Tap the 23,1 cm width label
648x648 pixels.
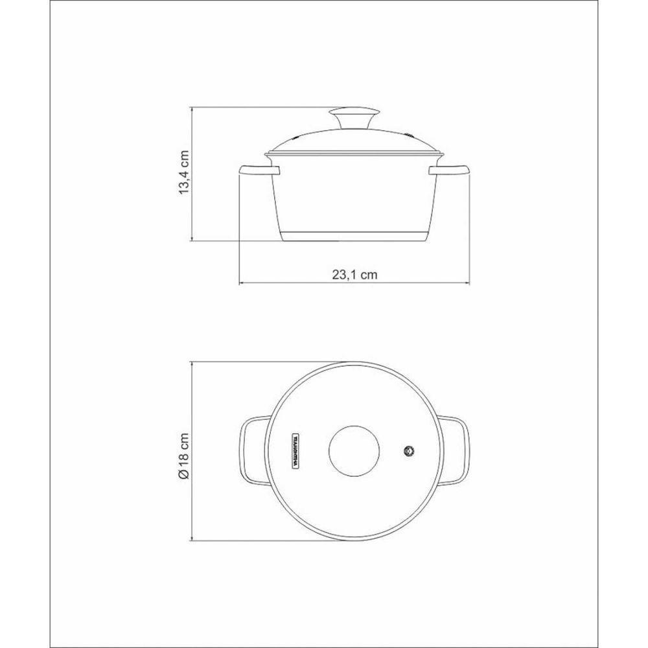tap(355, 275)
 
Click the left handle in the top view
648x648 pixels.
tap(252, 451)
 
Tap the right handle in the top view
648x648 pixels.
tap(457, 451)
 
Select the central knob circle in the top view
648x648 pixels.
tap(355, 451)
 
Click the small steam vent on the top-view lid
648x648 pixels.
tap(408, 451)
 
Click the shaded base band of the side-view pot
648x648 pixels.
tap(355, 235)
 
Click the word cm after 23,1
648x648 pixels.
tap(369, 275)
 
